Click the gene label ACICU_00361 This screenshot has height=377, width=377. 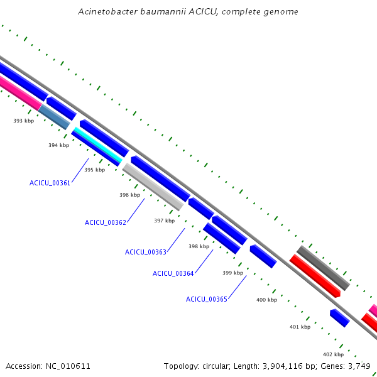tap(50, 183)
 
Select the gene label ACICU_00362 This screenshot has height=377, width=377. tap(106, 222)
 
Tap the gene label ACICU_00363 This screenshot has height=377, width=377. tap(146, 252)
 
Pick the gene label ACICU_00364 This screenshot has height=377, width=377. tap(173, 273)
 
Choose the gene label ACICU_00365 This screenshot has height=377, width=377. tap(207, 299)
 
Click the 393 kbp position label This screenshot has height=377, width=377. tap(24, 121)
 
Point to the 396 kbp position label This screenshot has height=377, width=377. tap(129, 195)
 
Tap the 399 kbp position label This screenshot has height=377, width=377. tap(232, 273)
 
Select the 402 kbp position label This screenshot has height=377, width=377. tap(333, 354)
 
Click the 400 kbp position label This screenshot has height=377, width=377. tap(266, 300)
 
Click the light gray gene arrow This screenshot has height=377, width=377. tap(153, 186)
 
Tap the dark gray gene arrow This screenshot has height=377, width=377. tap(322, 267)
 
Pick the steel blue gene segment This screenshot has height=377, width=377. tap(54, 117)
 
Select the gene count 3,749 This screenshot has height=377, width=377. tap(359, 366)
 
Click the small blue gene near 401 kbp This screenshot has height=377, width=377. tap(339, 318)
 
